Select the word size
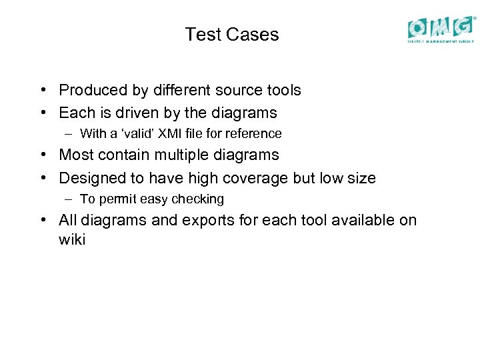(x=361, y=178)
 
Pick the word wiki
(x=72, y=240)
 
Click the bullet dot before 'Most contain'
(x=42, y=155)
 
